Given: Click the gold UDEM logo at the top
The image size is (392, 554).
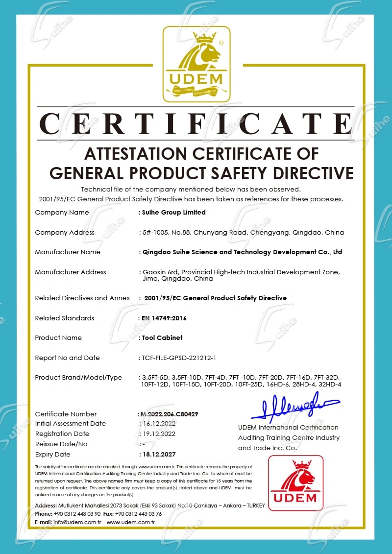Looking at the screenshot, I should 196,64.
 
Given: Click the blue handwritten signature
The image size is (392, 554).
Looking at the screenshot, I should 294,408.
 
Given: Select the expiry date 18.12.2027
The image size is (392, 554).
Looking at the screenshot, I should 158,454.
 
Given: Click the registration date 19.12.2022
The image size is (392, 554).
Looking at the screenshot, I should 158,434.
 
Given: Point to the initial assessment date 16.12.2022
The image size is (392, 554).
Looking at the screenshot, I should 158,423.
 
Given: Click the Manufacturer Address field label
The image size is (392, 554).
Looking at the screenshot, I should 71,272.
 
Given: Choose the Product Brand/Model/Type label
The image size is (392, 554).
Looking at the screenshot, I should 78,377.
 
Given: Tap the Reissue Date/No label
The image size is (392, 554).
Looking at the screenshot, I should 61,444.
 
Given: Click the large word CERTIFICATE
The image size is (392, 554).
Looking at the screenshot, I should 196,123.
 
